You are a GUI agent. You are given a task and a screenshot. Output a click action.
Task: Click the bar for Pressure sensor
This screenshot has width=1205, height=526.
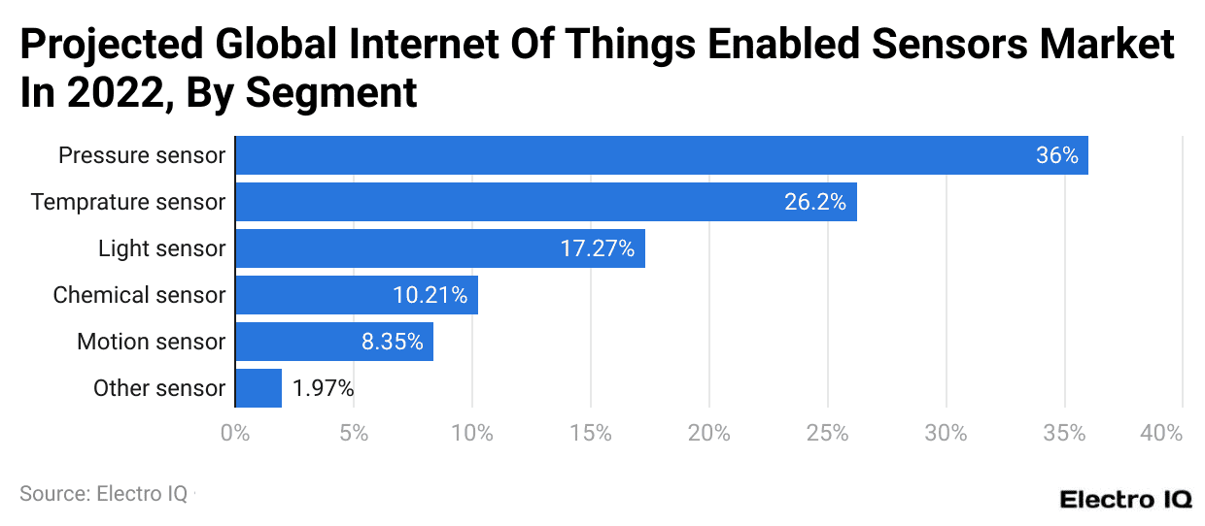(661, 155)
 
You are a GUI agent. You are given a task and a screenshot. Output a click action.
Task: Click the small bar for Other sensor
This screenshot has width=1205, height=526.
(258, 388)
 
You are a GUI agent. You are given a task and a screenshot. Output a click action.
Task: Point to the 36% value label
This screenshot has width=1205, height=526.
(1056, 155)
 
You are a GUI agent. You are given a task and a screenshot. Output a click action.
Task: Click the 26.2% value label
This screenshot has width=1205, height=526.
(814, 202)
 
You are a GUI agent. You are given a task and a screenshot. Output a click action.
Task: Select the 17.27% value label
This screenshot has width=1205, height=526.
(597, 248)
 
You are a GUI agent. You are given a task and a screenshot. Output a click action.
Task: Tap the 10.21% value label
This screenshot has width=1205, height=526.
(430, 295)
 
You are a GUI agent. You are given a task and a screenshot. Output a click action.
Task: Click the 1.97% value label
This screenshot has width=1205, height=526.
(323, 388)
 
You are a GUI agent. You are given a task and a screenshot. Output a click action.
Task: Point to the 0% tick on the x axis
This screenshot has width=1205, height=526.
(235, 434)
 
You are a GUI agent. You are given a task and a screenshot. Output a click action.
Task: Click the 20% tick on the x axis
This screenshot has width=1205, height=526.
(708, 434)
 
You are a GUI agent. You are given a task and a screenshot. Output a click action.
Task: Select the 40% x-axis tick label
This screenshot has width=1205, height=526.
(1162, 434)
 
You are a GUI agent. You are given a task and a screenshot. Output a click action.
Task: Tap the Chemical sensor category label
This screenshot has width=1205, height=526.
(139, 295)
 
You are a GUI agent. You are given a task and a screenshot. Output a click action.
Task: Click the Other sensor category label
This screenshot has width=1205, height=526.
(159, 388)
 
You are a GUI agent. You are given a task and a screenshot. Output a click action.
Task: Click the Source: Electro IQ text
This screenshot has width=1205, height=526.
(103, 494)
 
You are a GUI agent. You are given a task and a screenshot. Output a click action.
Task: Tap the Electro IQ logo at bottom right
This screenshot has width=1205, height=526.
(1125, 500)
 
